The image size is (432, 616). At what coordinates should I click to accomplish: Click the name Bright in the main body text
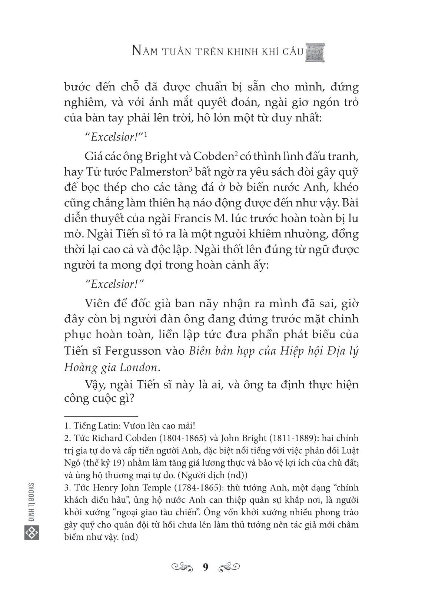[x=166, y=156]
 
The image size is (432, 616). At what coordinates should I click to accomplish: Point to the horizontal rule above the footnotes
[x=101, y=416]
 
